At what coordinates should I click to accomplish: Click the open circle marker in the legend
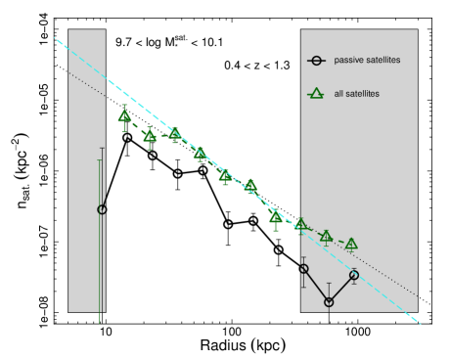(x=315, y=61)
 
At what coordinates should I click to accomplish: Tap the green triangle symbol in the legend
(x=315, y=94)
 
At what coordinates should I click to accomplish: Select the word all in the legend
(x=338, y=94)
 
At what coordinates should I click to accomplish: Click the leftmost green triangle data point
(x=124, y=115)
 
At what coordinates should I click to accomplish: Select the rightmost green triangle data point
(x=351, y=244)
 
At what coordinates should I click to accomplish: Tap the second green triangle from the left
(x=150, y=136)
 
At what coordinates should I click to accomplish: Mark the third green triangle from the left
(x=175, y=134)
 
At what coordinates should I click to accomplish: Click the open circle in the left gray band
(x=102, y=209)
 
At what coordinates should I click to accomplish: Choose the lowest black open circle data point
(x=329, y=302)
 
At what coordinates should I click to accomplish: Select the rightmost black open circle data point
(x=354, y=275)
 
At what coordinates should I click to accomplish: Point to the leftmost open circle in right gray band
(x=303, y=268)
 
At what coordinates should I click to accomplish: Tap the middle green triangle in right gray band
(x=326, y=236)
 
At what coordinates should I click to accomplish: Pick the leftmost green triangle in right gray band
(x=301, y=223)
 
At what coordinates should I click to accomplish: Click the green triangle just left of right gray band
(x=276, y=215)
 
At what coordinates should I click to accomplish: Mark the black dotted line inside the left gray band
(x=86, y=82)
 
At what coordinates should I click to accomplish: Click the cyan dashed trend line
(x=225, y=168)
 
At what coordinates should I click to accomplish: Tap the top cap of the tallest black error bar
(x=102, y=148)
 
